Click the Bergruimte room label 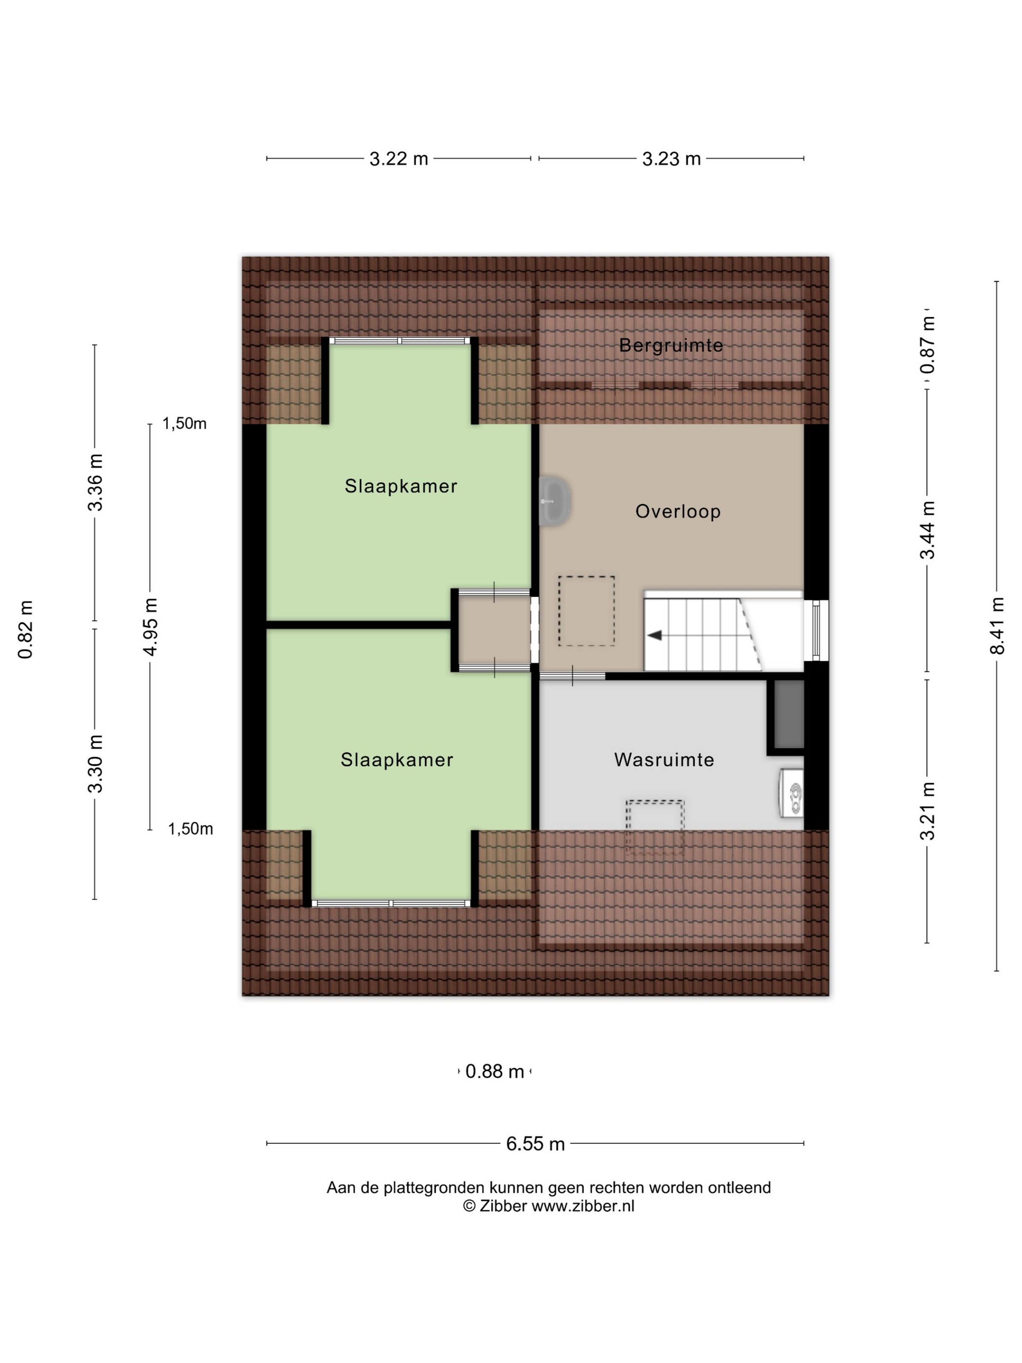[x=671, y=345]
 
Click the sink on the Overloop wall [x=554, y=501]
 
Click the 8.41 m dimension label [x=997, y=626]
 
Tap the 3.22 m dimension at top [x=399, y=159]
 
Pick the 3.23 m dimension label [x=672, y=159]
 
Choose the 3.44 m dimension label [x=928, y=530]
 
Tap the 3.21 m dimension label [x=928, y=811]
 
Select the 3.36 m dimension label [x=95, y=482]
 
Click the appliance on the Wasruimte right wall [x=792, y=793]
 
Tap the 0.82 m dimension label [x=25, y=629]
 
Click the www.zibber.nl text [x=583, y=1206]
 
